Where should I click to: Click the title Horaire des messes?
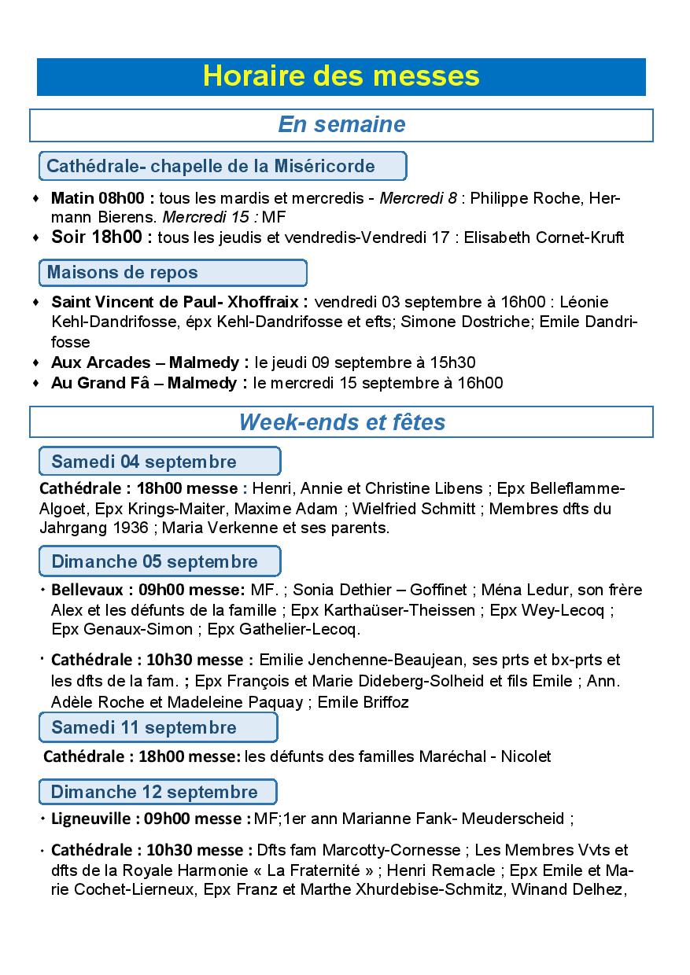coord(341,76)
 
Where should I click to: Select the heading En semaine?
coord(341,125)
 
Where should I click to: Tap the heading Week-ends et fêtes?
coord(341,422)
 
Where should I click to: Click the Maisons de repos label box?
coord(172,273)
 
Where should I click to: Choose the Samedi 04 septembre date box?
coord(160,462)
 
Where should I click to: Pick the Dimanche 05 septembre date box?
coord(160,561)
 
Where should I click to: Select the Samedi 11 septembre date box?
coord(158,727)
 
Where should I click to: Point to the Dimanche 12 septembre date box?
coord(158,791)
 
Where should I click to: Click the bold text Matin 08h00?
coord(102,197)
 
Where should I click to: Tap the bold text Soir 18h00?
coord(102,237)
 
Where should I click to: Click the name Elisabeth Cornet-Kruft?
coord(544,237)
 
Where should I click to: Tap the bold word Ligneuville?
coord(91,819)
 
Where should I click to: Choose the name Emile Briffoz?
coord(363,702)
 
